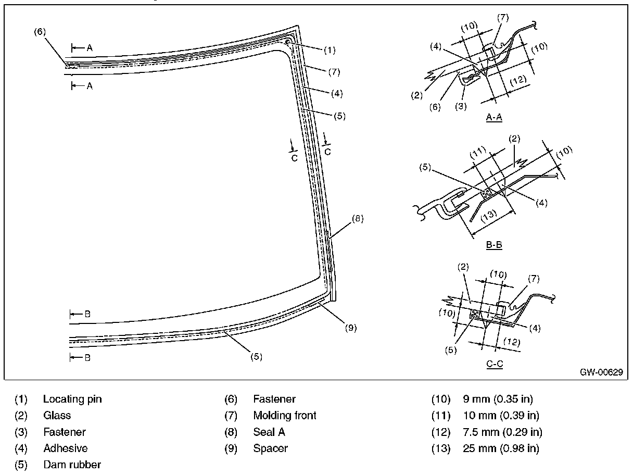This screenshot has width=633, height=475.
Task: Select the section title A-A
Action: tap(494, 117)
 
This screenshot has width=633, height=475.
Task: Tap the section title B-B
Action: tap(494, 244)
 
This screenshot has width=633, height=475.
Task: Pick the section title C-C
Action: tap(495, 364)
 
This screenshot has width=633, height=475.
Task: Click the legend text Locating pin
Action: tap(72, 399)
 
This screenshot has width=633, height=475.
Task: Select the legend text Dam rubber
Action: tap(72, 464)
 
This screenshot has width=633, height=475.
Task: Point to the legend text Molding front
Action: tap(285, 416)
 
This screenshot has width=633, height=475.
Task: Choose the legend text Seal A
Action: tap(269, 432)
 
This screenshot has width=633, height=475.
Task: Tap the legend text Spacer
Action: tap(270, 448)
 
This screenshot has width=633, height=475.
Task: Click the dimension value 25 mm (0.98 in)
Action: tap(501, 448)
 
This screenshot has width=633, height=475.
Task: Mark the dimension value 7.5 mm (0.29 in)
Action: tap(502, 432)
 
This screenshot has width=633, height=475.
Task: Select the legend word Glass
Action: tap(57, 416)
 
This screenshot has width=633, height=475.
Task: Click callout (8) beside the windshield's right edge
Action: tap(357, 219)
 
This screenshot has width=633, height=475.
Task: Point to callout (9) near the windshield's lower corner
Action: tap(350, 328)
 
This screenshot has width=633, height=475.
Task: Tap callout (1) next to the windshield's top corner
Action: tap(330, 51)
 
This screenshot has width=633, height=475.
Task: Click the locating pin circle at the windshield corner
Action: tap(288, 42)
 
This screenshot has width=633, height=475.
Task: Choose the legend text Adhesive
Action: tap(65, 448)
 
